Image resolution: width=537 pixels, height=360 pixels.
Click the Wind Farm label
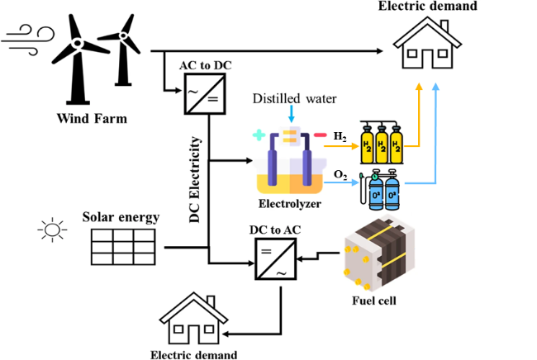[93, 118]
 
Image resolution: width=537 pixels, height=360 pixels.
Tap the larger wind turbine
[76, 58]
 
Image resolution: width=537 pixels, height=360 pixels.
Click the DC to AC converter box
[272, 263]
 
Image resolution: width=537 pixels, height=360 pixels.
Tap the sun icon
[52, 230]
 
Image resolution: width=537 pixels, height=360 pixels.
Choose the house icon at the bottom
[193, 319]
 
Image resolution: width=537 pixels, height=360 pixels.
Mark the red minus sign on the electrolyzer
[318, 135]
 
